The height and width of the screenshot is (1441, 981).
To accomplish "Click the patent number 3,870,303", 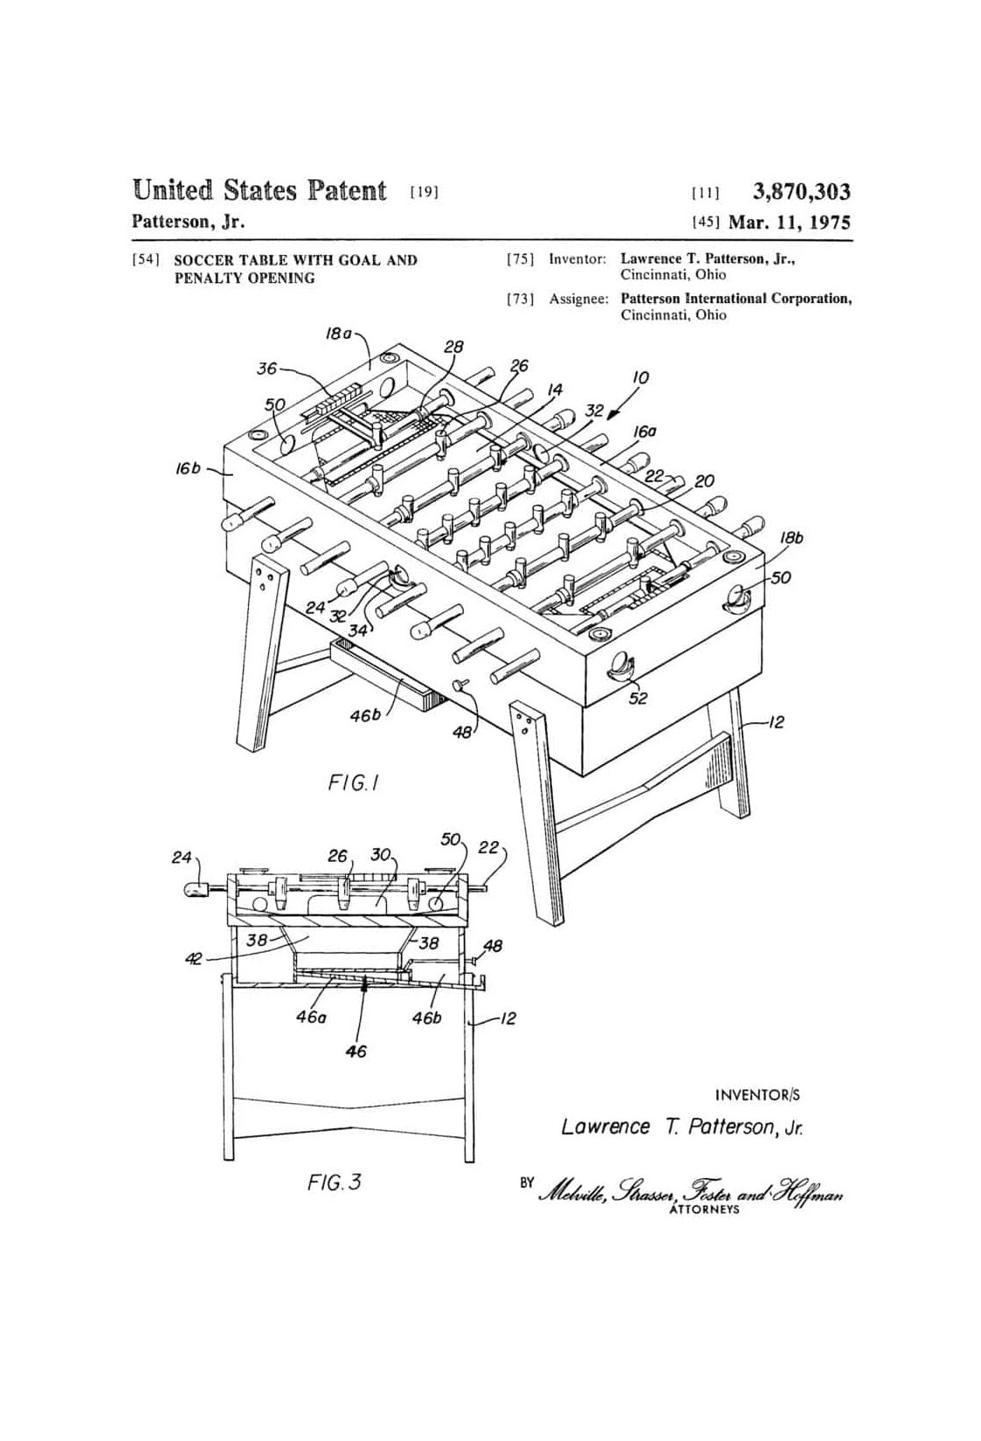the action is pyautogui.click(x=801, y=192).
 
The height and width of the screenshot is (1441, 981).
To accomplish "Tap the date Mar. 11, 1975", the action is pyautogui.click(x=790, y=223).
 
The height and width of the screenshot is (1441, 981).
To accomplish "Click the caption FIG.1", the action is pyautogui.click(x=353, y=783).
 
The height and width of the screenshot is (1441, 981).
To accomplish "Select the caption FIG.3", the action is pyautogui.click(x=334, y=1182).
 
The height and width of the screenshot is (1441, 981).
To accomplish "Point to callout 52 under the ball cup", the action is pyautogui.click(x=638, y=698).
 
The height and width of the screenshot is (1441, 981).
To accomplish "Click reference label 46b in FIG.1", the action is pyautogui.click(x=366, y=715).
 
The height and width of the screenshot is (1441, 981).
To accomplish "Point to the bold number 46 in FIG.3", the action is pyautogui.click(x=356, y=1051).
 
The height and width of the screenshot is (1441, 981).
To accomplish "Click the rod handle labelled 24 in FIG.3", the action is pyautogui.click(x=199, y=890).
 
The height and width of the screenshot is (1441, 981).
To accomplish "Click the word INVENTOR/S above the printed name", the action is pyautogui.click(x=757, y=1095).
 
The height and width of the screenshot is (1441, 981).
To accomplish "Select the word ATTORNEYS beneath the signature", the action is pyautogui.click(x=705, y=1209).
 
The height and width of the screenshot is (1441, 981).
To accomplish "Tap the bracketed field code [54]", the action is pyautogui.click(x=142, y=260).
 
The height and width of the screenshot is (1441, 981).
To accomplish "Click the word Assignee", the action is pyautogui.click(x=579, y=299).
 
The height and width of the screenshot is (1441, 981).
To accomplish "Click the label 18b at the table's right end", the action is pyautogui.click(x=792, y=538).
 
